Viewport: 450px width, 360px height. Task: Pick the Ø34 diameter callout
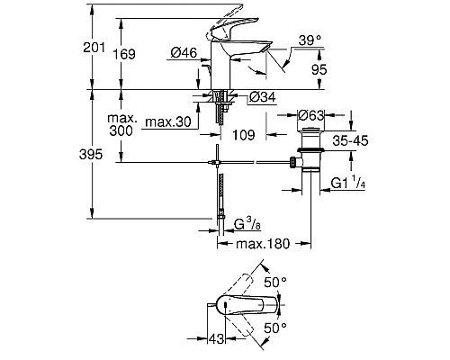(260, 97)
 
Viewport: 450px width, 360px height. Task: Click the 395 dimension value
(104, 155)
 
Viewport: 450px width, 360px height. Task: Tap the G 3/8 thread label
(246, 223)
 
